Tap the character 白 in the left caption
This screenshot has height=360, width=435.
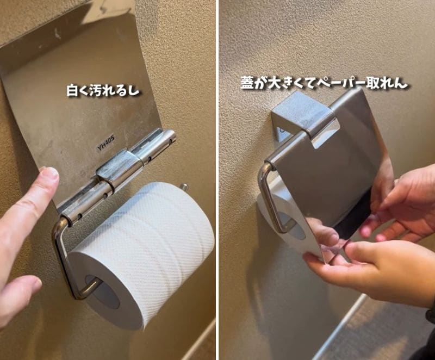click(73, 90)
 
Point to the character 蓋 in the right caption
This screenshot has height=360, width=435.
click(247, 83)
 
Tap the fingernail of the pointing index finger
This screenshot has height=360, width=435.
click(49, 175)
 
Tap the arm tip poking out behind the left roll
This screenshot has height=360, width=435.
click(184, 188)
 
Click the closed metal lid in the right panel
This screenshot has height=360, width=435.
click(332, 158)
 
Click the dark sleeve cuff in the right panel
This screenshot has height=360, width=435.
click(430, 337)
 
